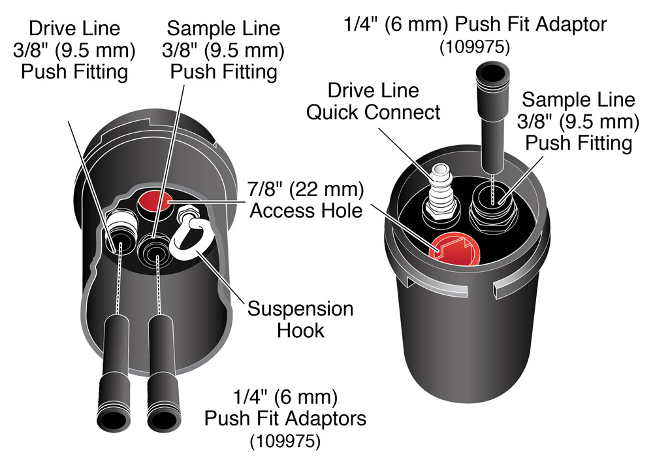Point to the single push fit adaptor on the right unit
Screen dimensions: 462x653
(x=490, y=111)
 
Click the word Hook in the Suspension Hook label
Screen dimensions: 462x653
(x=300, y=329)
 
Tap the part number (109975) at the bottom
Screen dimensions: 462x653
(x=285, y=441)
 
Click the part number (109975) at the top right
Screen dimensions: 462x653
(x=475, y=48)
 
